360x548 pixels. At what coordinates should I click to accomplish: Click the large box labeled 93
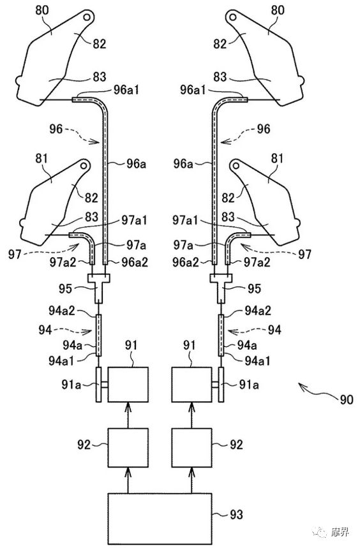coord(160,518)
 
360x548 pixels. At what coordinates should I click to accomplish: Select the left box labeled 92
coord(128,448)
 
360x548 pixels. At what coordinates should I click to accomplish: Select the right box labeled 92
coord(191,448)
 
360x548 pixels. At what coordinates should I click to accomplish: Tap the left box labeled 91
coord(128,385)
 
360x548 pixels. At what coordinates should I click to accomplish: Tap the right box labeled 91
coord(191,385)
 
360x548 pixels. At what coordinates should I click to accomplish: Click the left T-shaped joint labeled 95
coord(99,287)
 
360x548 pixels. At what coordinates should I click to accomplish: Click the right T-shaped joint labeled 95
coord(221,287)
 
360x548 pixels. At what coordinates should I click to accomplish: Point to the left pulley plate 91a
coord(98,385)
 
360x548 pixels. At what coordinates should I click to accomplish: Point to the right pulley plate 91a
coord(221,385)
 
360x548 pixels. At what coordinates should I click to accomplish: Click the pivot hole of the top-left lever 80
coord(87,17)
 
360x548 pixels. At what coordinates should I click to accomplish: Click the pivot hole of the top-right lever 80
coord(233,17)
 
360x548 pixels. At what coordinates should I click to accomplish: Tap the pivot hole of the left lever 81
coord(84,166)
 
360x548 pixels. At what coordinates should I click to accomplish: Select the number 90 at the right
coord(347,399)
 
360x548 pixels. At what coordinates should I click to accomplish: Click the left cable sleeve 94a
coord(99,336)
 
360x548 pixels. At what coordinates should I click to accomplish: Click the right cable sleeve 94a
coord(221,336)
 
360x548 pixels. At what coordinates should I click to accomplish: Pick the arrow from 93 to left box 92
coord(128,480)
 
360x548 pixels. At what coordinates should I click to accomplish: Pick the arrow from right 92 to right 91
coord(191,415)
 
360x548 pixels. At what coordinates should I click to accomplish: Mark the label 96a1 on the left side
coord(126,90)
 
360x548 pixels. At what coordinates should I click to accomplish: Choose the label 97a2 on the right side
coord(257,262)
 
